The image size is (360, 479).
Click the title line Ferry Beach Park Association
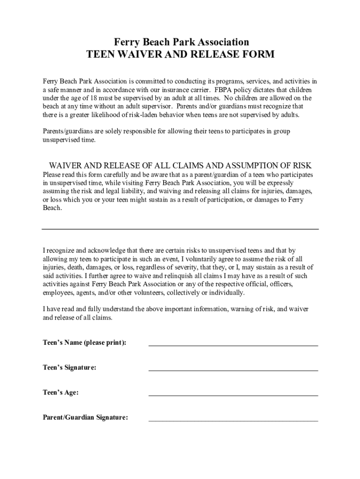point(180,42)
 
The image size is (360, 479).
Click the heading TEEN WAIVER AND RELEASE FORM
point(180,55)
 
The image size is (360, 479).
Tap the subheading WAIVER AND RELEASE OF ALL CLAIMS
point(180,166)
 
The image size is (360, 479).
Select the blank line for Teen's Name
point(233,345)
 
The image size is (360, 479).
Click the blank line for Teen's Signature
point(233,370)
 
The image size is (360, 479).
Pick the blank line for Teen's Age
point(233,395)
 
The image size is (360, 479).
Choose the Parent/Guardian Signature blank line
point(233,421)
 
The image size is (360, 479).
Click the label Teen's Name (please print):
point(85,343)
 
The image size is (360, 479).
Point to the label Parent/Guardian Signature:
point(85,418)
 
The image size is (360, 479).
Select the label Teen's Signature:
point(70,368)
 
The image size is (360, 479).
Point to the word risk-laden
point(148,115)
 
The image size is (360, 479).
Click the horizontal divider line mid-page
point(180,229)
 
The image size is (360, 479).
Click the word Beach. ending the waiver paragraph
point(52,208)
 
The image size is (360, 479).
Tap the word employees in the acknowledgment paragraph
point(58,293)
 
